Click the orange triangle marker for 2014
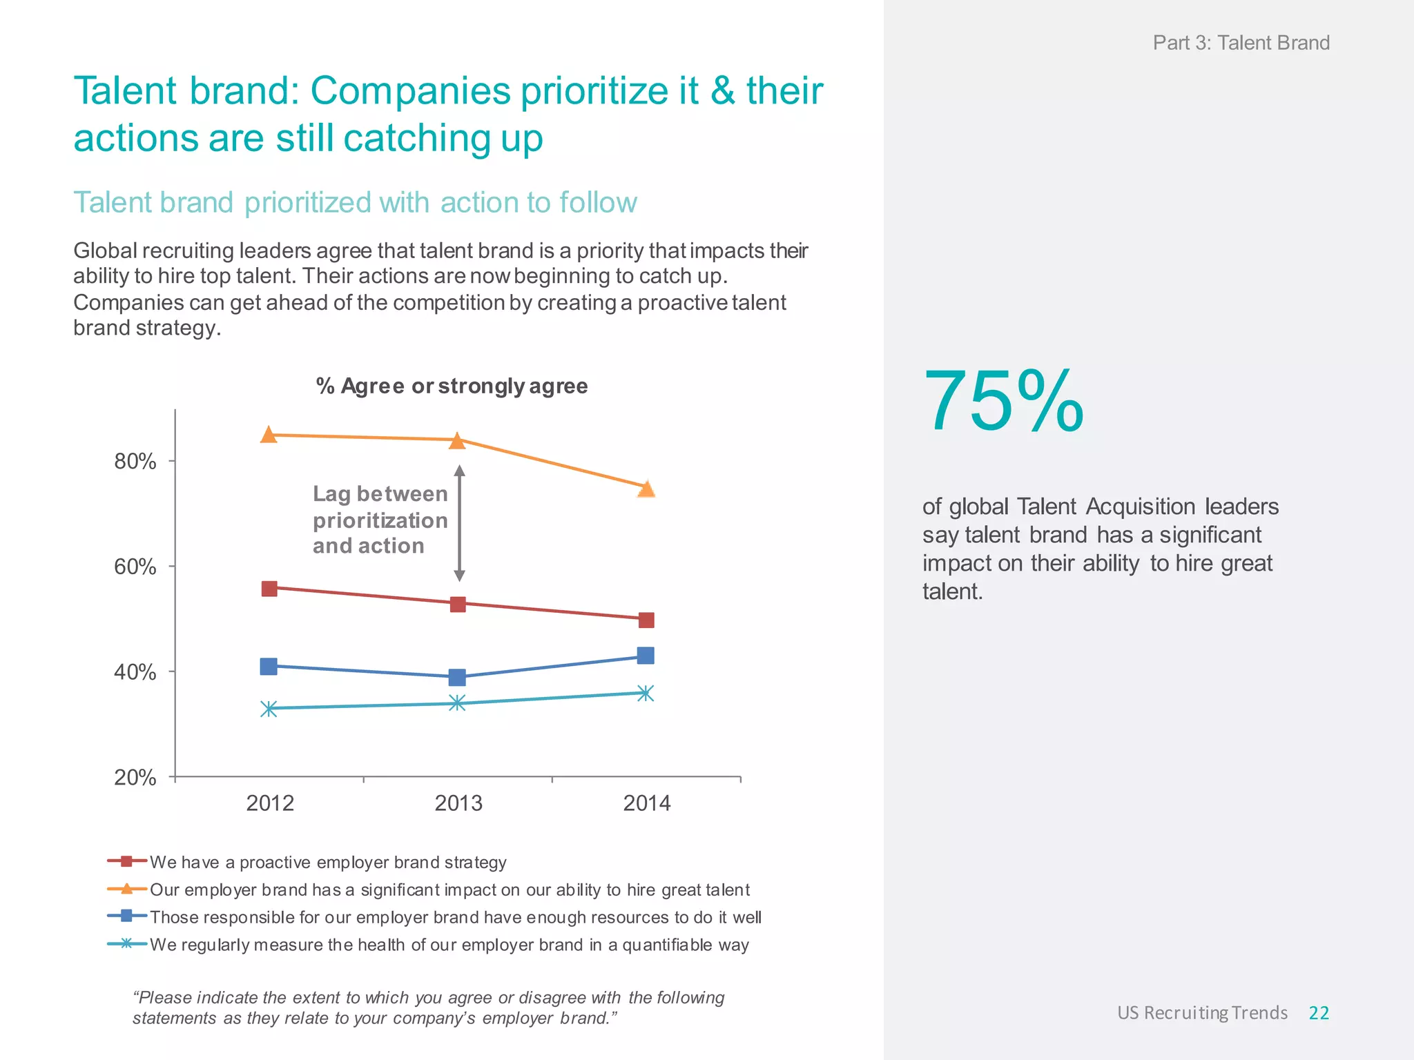(646, 489)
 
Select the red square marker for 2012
(269, 589)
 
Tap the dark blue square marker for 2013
(457, 677)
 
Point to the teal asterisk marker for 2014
(646, 693)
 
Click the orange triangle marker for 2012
(269, 435)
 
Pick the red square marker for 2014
(646, 620)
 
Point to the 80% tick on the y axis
(171, 460)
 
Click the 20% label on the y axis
(135, 777)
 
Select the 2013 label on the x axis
(458, 803)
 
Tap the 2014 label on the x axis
(646, 803)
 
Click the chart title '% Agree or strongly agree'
(452, 386)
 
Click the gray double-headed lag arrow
(459, 523)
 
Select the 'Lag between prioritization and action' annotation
(380, 520)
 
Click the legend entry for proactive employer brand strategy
(327, 862)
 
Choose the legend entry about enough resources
(455, 917)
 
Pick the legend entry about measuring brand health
(449, 945)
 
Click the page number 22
(1319, 1012)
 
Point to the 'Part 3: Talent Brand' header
(1241, 43)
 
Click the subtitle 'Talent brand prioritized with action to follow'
(355, 203)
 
